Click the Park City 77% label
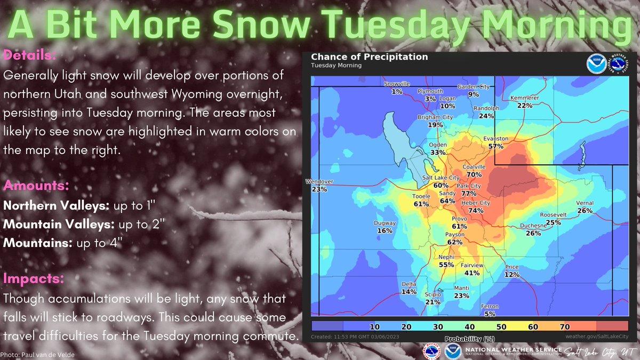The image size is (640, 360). [468, 189]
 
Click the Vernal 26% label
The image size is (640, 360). [585, 207]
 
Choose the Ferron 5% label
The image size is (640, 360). [489, 310]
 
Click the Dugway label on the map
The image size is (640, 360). [385, 223]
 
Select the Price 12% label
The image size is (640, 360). [512, 270]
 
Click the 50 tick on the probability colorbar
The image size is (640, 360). [501, 326]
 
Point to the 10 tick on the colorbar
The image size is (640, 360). [374, 326]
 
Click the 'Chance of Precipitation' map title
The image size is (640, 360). [369, 57]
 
